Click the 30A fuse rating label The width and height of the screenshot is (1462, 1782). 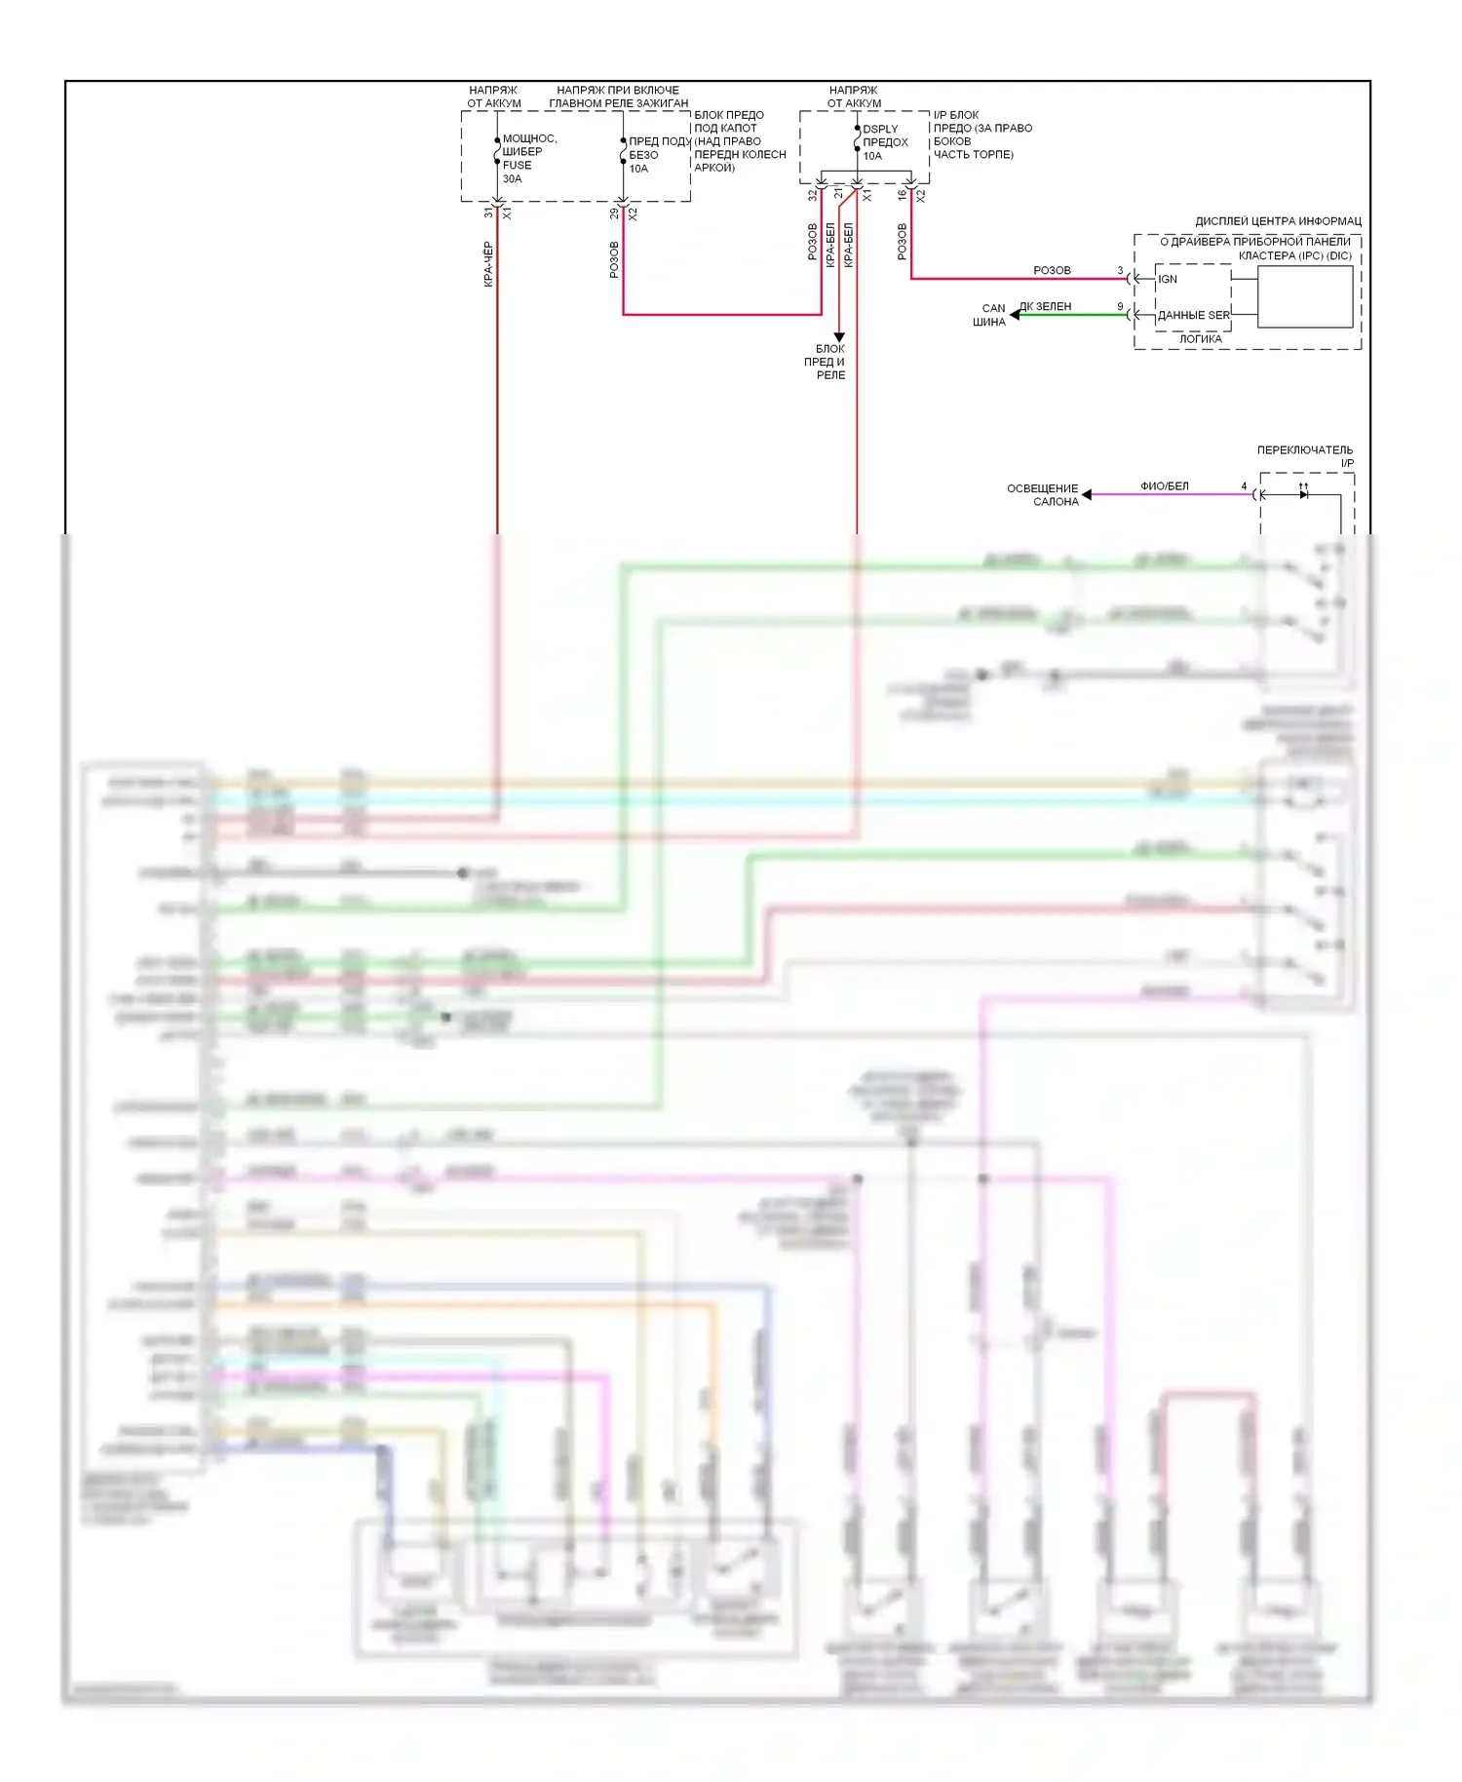512,178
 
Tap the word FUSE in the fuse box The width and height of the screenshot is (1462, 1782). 517,165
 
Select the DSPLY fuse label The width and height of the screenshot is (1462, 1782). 880,129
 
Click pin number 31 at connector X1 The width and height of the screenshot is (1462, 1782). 488,213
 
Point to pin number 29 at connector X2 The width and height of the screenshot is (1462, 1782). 614,213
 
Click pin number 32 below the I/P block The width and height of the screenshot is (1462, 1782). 812,195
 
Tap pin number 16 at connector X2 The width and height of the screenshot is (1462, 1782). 902,195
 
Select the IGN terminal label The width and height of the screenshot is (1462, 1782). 1168,279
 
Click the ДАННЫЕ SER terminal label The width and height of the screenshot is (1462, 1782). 1193,315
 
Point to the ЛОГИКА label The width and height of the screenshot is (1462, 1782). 1200,339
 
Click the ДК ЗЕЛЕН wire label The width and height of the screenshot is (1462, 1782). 1045,306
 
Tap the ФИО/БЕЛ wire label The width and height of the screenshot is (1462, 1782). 1164,485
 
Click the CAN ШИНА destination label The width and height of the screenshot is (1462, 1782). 990,315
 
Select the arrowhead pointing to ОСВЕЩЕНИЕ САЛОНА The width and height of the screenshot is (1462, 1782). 1087,494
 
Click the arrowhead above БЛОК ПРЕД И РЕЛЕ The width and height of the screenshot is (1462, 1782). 839,336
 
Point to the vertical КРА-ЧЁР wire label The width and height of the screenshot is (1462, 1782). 488,264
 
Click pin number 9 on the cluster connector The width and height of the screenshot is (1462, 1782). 1120,306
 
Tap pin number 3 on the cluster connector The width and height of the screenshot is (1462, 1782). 1120,270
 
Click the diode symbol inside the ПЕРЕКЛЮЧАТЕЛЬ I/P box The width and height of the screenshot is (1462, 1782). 1303,494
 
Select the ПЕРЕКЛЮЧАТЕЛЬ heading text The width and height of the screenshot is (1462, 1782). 1304,449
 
